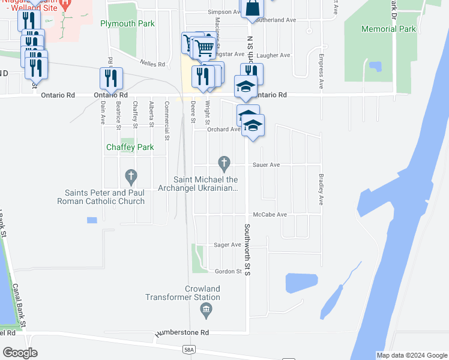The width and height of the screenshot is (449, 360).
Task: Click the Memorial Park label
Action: pos(388,29)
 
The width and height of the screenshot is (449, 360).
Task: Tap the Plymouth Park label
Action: pos(127,24)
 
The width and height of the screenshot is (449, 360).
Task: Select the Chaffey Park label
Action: pos(130,147)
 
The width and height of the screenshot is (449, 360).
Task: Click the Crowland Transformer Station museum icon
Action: pos(206,310)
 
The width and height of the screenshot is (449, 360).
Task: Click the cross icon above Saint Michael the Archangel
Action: pos(224,163)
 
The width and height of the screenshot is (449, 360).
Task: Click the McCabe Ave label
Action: pos(270,214)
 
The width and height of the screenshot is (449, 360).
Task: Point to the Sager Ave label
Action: pos(228,245)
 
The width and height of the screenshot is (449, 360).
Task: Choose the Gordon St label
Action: pos(228,271)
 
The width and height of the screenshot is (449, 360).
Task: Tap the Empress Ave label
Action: pos(322,75)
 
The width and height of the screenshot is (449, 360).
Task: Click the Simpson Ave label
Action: pos(223,12)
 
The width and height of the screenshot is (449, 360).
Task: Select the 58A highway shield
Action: pos(190,349)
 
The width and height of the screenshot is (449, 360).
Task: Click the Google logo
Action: pos(20,353)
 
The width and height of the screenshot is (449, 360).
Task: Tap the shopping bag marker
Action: pos(253,8)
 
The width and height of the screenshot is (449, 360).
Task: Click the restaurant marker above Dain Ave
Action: pos(111,78)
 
